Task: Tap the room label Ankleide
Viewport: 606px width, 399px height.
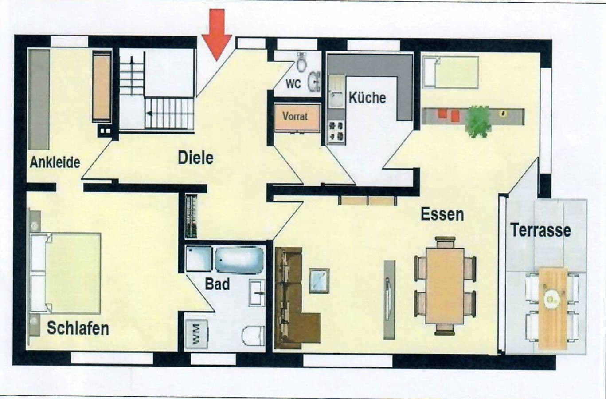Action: tap(55, 162)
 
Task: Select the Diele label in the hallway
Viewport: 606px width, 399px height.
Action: tap(195, 158)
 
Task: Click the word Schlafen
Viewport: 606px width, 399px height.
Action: tap(78, 328)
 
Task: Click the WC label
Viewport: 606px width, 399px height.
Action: tap(293, 84)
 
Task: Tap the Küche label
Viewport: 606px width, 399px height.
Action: tap(367, 98)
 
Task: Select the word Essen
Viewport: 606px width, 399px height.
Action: tap(442, 214)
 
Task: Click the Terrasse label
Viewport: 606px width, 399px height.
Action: tap(540, 230)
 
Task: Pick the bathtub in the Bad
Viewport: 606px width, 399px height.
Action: tap(239, 260)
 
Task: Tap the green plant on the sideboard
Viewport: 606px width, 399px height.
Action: tap(478, 120)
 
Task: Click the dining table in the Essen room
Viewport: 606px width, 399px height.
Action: tap(445, 285)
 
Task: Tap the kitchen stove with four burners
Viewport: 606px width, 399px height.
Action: tap(336, 131)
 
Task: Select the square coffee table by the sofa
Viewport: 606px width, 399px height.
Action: tap(319, 280)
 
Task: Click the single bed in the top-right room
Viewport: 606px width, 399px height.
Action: tap(450, 72)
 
